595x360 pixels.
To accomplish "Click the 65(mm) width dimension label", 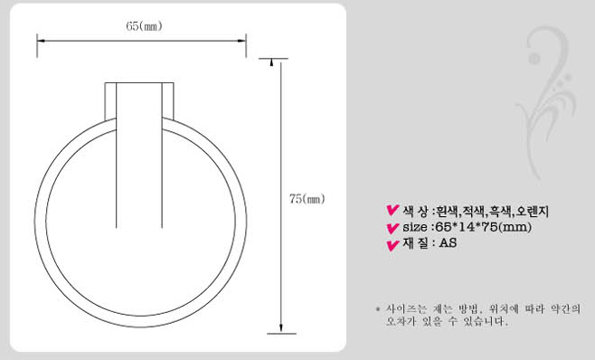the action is [144, 26].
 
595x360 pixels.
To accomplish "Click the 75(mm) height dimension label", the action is [307, 199].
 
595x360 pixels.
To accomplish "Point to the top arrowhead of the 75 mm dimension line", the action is [271, 62].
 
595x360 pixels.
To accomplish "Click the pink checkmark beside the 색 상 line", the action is [392, 211].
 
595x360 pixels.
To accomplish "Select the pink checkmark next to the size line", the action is [392, 229].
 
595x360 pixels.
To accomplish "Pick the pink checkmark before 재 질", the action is [392, 245].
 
